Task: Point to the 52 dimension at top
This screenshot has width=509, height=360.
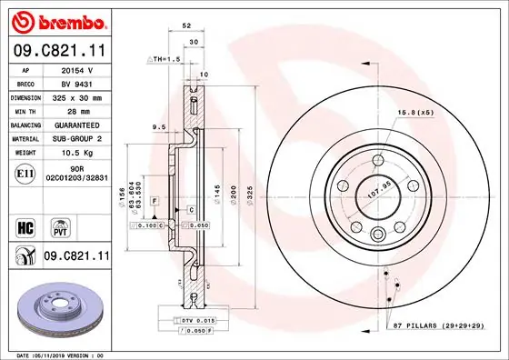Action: (186, 27)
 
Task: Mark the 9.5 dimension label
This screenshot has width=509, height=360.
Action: (158, 126)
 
